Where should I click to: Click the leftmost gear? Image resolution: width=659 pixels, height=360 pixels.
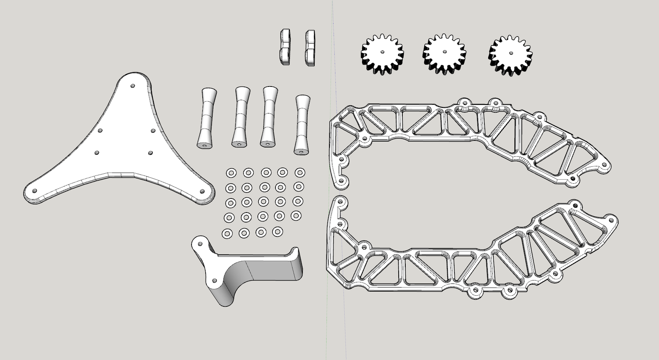pos(382,54)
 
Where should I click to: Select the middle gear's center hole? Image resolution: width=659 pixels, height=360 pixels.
pos(444,52)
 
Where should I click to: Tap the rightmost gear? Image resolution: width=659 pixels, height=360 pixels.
pos(510,55)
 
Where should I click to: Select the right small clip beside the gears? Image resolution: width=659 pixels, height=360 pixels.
pos(310,47)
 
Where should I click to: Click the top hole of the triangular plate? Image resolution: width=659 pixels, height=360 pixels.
pos(132,86)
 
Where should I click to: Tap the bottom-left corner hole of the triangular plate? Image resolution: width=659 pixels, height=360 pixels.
pos(35,191)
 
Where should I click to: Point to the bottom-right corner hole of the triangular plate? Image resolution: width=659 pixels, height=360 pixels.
pos(202,191)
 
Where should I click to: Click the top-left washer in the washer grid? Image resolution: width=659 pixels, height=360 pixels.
pos(231,172)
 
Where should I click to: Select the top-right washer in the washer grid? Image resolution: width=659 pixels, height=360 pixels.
pos(300,172)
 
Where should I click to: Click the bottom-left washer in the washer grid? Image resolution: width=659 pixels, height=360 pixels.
pos(227,234)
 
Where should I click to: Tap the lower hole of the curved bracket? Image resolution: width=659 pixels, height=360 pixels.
pos(214,281)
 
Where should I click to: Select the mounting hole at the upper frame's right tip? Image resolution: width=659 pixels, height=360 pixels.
pos(605,166)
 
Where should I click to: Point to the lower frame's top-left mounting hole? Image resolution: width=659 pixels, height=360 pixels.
pos(340,202)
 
